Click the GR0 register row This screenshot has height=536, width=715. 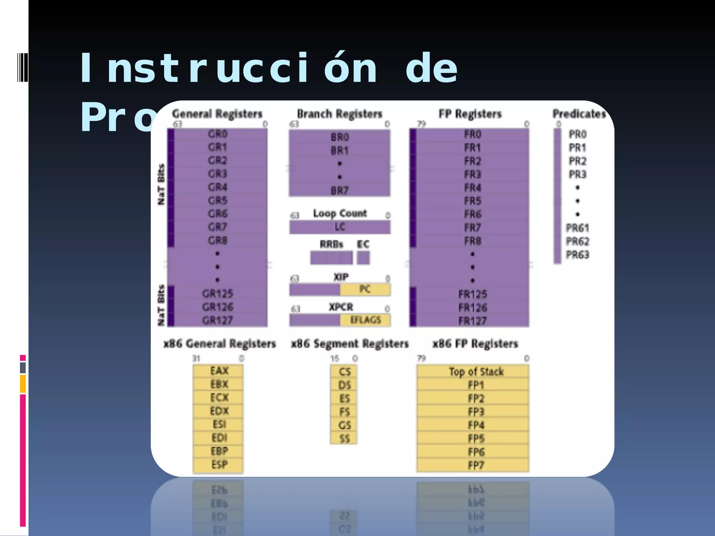218,134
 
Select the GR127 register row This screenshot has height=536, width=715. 218,320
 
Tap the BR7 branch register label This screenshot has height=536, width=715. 340,191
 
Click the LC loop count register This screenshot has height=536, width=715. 340,227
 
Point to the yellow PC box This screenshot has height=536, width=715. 365,289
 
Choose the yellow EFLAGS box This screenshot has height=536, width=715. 365,320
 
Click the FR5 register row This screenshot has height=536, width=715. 472,201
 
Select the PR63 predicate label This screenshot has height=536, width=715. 577,255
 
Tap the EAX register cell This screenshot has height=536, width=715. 219,371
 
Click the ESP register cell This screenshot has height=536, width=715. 219,465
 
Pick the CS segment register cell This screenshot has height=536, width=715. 344,372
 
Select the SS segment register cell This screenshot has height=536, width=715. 344,438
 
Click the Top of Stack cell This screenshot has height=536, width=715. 476,372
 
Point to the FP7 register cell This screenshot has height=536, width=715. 476,465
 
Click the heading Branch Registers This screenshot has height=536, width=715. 339,114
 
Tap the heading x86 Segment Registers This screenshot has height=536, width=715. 350,344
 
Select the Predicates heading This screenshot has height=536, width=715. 579,114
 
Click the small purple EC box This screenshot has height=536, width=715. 363,258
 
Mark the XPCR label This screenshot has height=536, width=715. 341,307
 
